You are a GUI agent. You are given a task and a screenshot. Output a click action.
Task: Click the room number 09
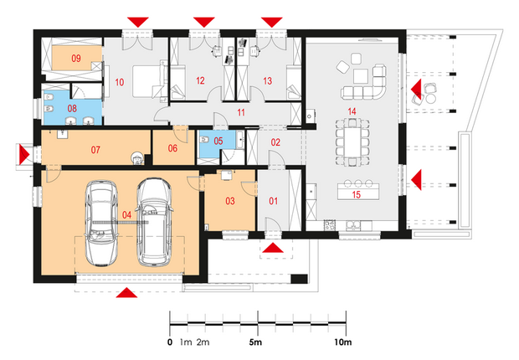point(76,59)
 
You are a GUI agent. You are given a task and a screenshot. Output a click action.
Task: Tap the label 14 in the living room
point(352,111)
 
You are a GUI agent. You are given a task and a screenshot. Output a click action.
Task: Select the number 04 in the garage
point(126,215)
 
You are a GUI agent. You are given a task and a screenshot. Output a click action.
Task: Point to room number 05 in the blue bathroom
point(218,141)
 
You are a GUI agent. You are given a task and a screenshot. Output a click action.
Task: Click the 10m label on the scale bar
point(343,342)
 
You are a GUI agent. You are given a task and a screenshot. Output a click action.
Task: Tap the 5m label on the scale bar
point(255,342)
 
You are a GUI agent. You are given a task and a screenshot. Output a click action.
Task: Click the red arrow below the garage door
point(126,293)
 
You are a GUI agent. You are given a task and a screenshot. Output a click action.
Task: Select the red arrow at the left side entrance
point(24,154)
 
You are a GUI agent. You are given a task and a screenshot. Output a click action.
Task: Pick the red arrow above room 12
point(204,23)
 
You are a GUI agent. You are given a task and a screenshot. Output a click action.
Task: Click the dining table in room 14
point(352,142)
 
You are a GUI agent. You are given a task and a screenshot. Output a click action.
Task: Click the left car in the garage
point(101,223)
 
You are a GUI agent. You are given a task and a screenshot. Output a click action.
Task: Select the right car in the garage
point(155,222)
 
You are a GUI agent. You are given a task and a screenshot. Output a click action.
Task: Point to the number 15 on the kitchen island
point(356,194)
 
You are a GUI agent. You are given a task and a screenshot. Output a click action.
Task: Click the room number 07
point(95,150)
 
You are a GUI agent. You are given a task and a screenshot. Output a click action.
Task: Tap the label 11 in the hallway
point(241,112)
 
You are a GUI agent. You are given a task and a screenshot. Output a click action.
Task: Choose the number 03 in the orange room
point(230,201)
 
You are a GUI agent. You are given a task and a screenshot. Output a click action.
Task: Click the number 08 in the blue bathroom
point(72,108)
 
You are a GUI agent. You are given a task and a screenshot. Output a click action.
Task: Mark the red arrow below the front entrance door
point(273,248)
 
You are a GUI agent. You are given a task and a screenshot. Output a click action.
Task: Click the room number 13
point(267,81)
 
